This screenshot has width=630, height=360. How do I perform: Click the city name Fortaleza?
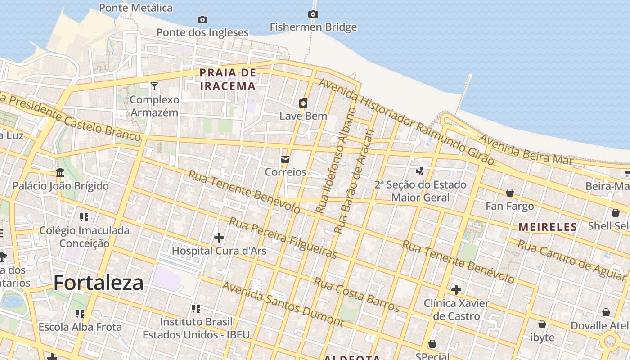coord(99,283)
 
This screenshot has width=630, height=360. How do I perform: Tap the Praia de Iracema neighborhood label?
coord(228,79)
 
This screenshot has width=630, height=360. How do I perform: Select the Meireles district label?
coord(548,227)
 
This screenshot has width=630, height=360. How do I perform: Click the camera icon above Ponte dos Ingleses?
coord(202,19)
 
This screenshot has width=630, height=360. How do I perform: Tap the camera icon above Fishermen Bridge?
coord(313,14)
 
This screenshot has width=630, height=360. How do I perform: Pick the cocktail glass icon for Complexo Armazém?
coord(154,86)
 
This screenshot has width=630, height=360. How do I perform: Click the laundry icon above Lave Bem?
coord(303,103)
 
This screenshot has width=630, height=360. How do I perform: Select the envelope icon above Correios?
coord(285,159)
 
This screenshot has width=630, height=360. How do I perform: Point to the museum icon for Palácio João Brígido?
coord(60,172)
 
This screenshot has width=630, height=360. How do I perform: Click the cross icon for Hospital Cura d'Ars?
coord(219,237)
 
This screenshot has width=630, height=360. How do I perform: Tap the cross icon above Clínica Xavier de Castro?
coord(456,289)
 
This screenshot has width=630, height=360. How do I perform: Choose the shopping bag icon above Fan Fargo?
coord(509,193)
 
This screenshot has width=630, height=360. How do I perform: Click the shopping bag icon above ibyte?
coord(542,324)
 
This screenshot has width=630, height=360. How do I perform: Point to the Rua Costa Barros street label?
coord(356,295)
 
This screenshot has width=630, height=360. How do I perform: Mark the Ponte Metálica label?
coord(135,8)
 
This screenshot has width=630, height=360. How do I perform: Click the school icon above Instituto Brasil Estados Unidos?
coord(196,308)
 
